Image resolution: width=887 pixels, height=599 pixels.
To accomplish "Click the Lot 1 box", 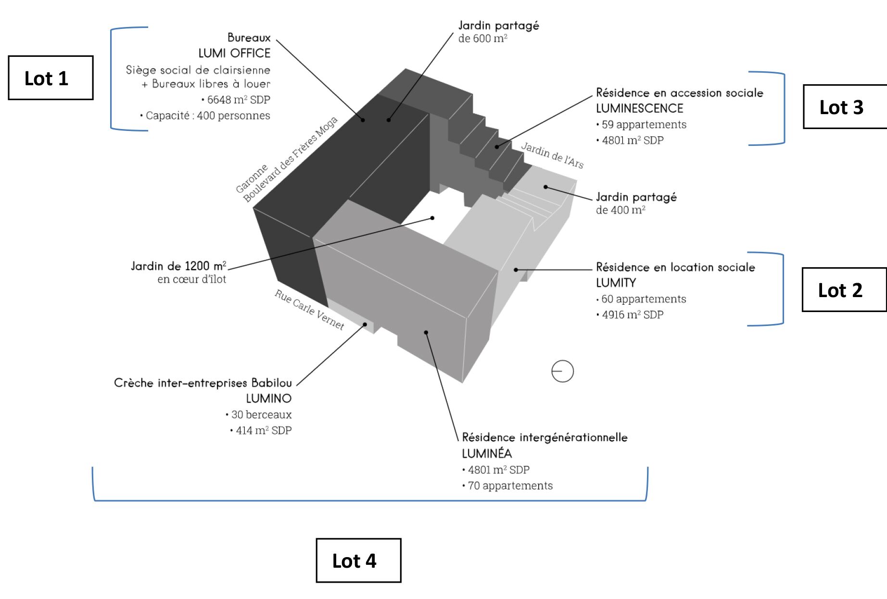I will click(51, 78).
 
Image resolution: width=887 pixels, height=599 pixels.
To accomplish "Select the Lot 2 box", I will click(843, 290).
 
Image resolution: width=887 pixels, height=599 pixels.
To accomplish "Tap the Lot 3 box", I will click(844, 107).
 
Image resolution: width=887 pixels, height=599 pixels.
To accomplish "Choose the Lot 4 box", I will click(358, 560).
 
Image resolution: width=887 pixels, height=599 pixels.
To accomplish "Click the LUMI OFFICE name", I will click(234, 53).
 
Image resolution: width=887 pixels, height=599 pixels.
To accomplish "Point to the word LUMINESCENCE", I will click(639, 108).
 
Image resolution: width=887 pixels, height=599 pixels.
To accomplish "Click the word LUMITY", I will click(616, 283).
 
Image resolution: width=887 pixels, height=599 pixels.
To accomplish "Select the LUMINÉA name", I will click(486, 453).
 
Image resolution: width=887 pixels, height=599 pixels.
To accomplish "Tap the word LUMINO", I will click(268, 398).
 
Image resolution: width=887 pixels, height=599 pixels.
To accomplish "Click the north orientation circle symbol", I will click(562, 371).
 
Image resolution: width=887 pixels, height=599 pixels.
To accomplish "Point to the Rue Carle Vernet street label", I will click(309, 310).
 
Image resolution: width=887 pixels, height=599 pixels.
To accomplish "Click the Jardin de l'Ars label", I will click(552, 155).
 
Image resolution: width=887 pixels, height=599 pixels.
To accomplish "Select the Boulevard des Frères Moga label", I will click(291, 159).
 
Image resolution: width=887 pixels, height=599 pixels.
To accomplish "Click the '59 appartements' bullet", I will click(644, 124).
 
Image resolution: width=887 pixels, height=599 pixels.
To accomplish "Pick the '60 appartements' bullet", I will click(643, 299).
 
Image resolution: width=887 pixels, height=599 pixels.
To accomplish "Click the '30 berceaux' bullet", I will click(261, 414).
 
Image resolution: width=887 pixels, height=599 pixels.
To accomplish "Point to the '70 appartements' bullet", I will click(510, 485).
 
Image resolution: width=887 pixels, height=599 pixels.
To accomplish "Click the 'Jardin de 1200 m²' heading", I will click(178, 266).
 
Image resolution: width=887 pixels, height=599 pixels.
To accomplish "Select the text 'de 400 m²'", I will click(620, 210).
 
